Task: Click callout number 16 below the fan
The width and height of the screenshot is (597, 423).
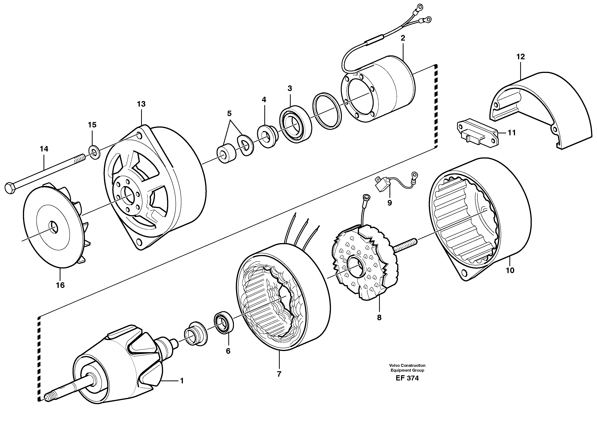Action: pos(60,285)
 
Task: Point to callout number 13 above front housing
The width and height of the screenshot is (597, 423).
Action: pos(141,104)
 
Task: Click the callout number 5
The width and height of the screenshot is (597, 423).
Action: pos(229,114)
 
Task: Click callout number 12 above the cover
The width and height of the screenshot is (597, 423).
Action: pos(520,57)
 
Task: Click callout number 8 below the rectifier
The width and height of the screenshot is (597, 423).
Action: pos(379,318)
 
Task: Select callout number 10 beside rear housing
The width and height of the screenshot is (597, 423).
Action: pos(510,270)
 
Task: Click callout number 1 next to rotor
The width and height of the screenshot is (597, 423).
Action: pos(182,381)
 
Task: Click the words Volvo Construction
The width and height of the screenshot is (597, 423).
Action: pos(407,365)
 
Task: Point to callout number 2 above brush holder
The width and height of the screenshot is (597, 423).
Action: pos(403,38)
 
